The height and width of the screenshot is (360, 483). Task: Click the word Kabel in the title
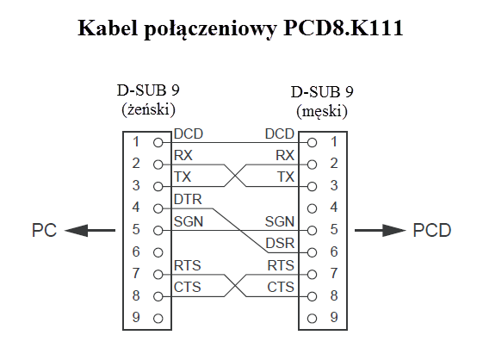coord(108,28)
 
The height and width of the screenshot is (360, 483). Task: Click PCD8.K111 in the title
coord(344,28)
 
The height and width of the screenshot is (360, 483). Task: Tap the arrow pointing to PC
coord(90,230)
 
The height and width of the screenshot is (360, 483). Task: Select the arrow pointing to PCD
coord(381,230)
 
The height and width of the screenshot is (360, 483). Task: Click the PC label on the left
coord(45,230)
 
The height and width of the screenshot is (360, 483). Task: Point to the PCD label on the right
coord(432,230)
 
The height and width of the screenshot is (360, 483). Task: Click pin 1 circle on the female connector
coord(158,143)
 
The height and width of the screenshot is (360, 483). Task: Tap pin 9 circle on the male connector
coord(312,319)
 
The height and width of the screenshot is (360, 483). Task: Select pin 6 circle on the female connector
coord(158,252)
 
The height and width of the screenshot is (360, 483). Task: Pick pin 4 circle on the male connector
coord(312,208)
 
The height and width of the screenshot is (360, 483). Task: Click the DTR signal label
coord(188,200)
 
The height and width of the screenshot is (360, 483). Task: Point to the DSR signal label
coord(280,244)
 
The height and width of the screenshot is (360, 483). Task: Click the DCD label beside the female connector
coord(189,134)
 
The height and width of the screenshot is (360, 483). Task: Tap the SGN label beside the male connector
coord(280,221)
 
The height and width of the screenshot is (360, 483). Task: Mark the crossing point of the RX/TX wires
coord(235,176)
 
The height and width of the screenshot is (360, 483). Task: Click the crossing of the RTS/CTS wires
coord(235,286)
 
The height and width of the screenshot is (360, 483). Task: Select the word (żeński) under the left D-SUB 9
coord(148,109)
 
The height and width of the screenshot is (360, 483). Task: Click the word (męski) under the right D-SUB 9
coord(322,111)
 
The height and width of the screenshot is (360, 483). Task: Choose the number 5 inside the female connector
coord(136,230)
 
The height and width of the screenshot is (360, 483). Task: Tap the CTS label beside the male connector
coord(281,288)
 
